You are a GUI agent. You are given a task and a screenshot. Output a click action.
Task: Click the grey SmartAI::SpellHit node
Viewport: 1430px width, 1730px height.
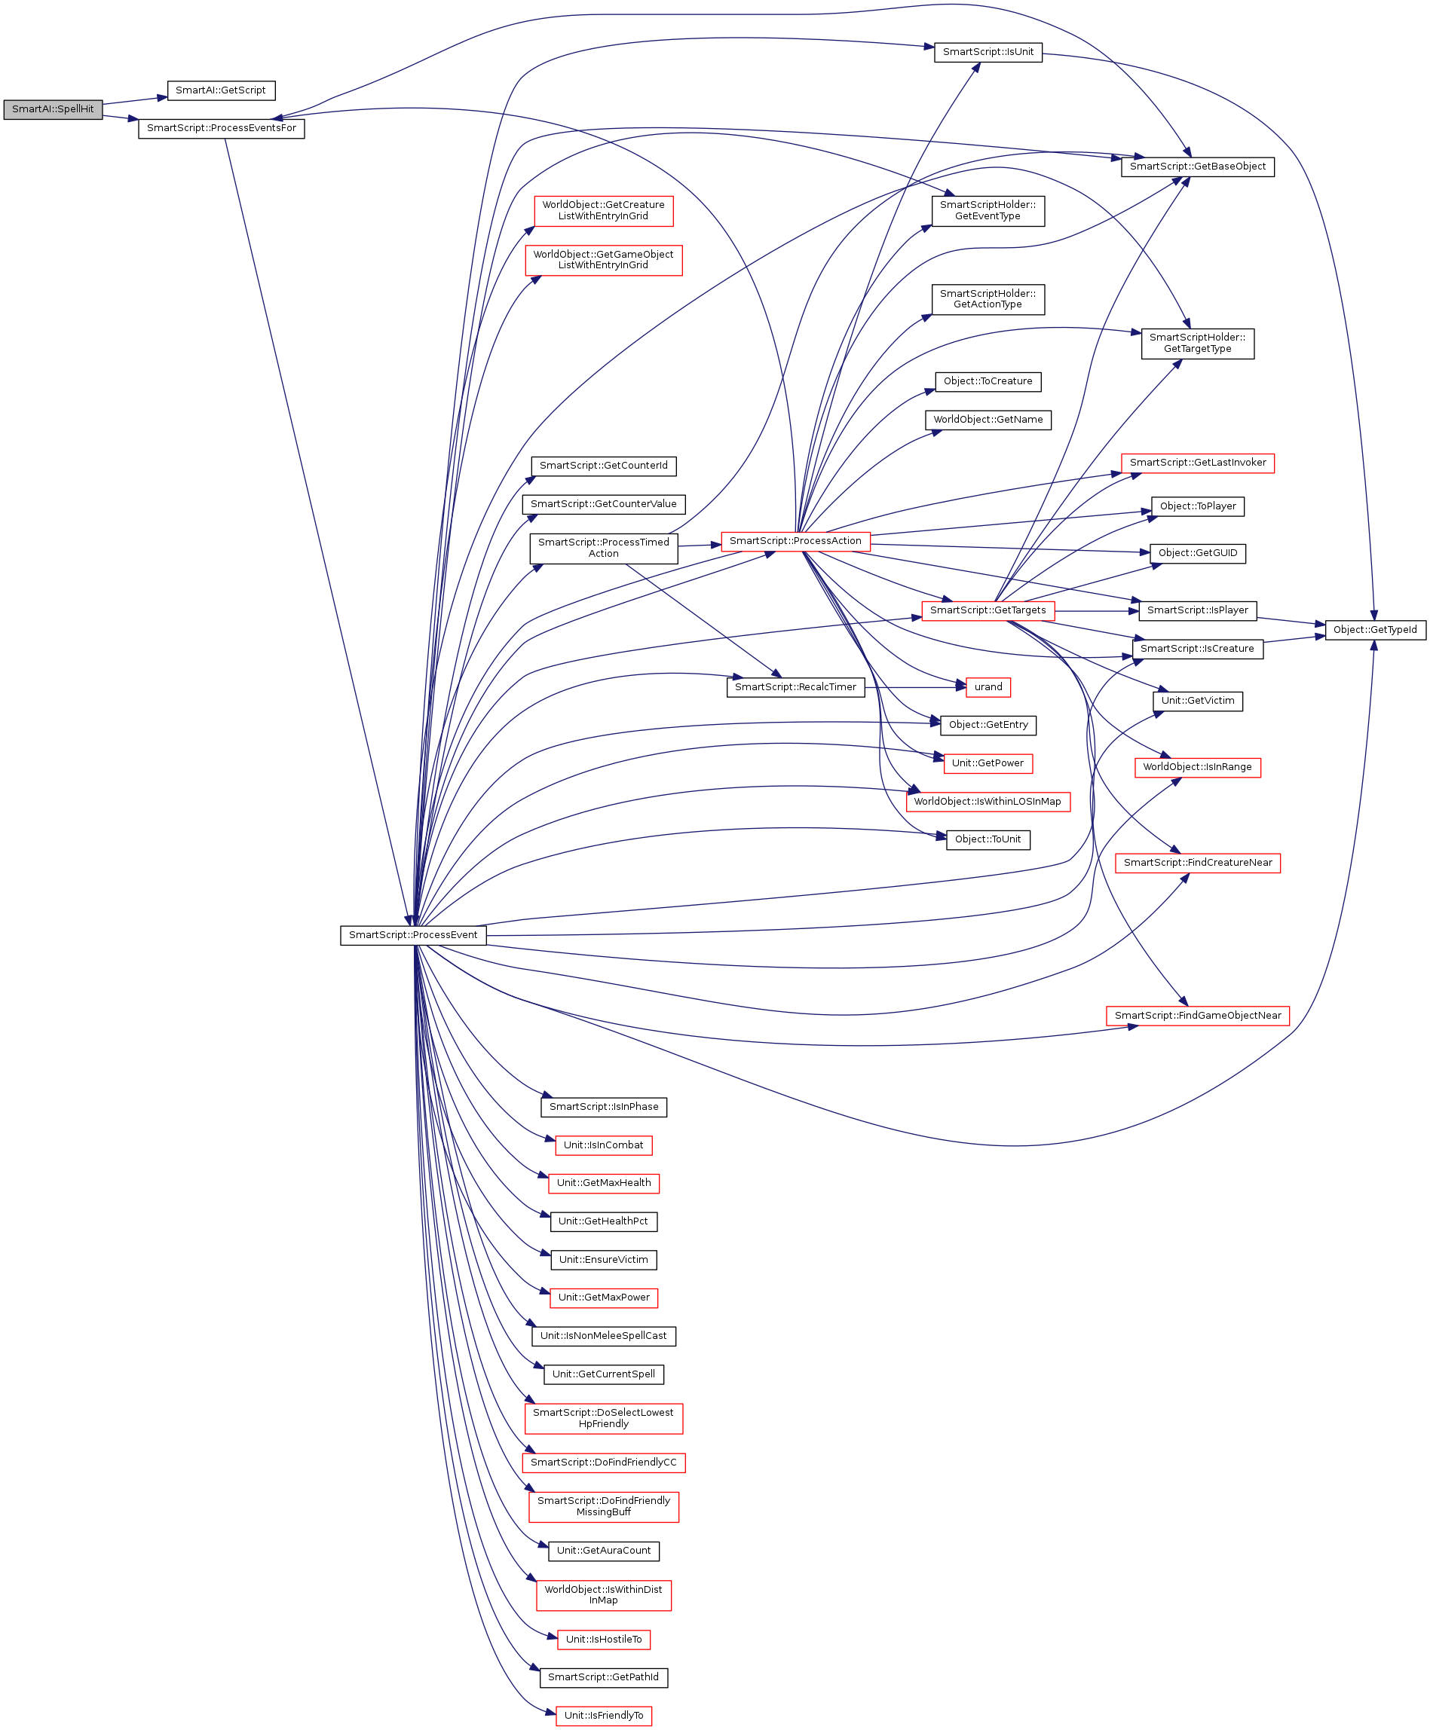53,109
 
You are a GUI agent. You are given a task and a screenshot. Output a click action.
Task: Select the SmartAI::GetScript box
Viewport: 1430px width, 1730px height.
221,90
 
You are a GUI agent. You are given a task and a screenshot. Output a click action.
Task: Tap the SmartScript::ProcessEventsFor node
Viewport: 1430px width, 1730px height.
221,128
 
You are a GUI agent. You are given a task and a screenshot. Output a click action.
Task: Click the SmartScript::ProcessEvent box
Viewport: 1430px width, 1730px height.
412,935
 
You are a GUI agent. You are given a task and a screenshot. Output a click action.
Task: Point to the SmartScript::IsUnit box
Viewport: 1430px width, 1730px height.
988,52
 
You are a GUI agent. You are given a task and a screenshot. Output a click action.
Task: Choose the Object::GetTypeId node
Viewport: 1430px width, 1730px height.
1375,630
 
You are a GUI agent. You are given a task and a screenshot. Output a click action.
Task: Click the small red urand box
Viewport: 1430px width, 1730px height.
988,687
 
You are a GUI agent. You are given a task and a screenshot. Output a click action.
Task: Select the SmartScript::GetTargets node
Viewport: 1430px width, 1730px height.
988,611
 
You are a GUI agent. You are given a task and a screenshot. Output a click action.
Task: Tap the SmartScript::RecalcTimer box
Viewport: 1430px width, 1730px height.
795,687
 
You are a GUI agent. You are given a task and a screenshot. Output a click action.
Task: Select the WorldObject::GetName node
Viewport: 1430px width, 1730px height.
988,420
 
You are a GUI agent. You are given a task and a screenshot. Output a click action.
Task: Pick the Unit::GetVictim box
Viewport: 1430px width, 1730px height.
1197,701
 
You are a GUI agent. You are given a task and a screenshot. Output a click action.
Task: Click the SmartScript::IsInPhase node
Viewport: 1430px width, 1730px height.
603,1108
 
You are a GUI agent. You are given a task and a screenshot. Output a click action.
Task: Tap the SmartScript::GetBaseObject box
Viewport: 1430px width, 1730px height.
1197,167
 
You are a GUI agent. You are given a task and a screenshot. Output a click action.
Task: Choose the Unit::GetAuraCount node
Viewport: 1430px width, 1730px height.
603,1551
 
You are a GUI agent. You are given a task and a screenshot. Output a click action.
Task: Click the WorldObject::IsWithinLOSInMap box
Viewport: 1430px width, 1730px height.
987,802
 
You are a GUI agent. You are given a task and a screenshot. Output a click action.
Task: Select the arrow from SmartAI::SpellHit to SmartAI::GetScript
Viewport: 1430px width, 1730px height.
135,100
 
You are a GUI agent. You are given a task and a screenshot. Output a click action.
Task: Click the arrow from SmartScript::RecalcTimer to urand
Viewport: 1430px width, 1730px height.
914,687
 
